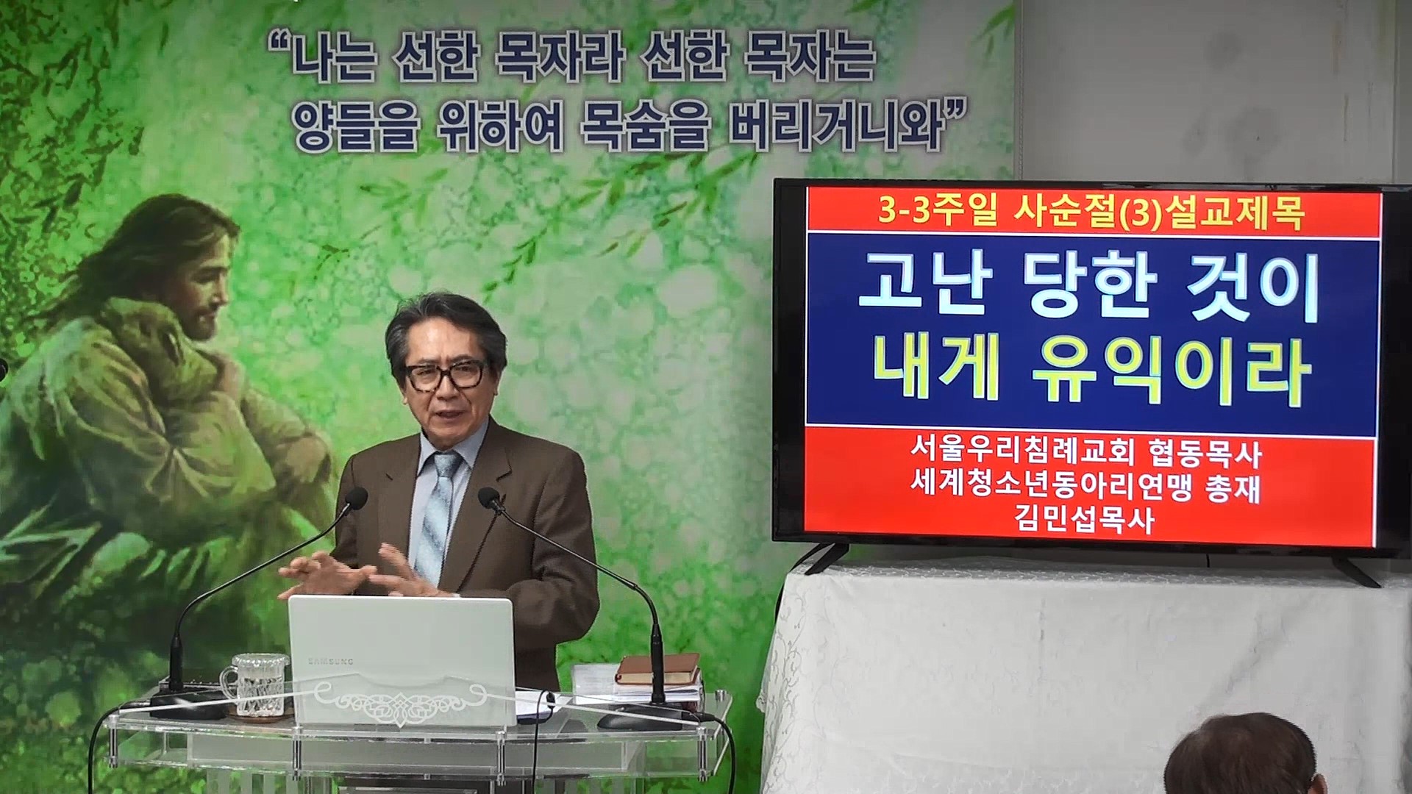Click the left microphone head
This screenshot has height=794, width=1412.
click(x=356, y=500)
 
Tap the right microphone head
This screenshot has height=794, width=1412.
click(x=488, y=498)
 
